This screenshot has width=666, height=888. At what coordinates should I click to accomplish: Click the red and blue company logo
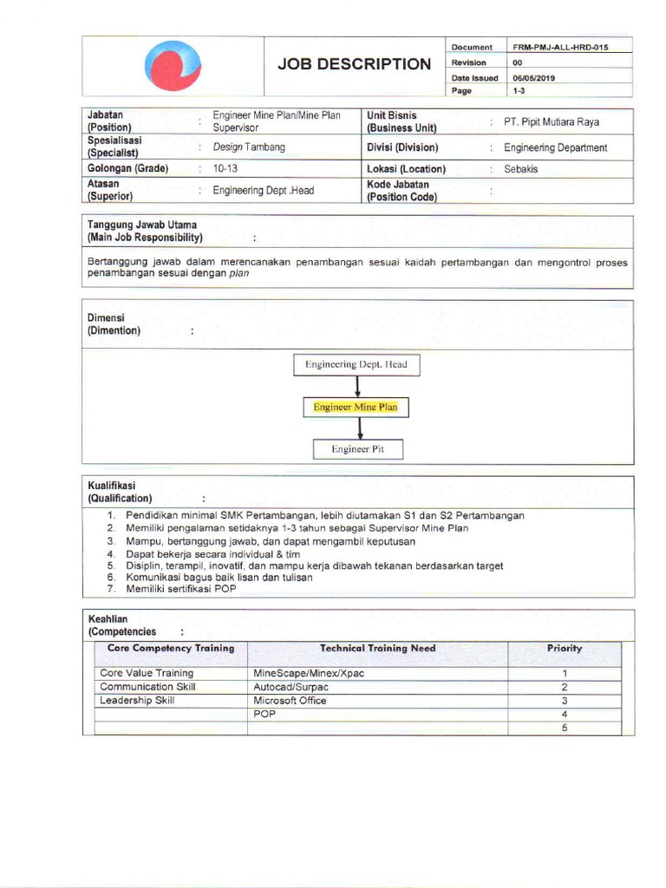coord(173,66)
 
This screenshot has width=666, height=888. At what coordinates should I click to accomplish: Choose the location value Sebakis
coord(520,169)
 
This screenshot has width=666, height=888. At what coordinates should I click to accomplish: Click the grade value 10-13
coord(225,169)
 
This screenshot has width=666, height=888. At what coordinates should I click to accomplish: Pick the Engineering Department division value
coord(555,147)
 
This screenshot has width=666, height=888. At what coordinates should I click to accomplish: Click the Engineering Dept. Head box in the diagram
coord(356,365)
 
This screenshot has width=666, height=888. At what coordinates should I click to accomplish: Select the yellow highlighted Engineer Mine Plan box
coord(356,406)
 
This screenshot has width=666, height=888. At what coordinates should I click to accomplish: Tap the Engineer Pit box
coord(357,449)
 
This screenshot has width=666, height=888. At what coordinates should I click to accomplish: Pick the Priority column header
coord(564,648)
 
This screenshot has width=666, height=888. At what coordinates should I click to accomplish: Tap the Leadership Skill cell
coord(137,701)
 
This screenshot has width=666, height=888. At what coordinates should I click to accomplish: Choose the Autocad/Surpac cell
coord(291,687)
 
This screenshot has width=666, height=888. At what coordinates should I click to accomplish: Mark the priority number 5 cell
coord(564,728)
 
